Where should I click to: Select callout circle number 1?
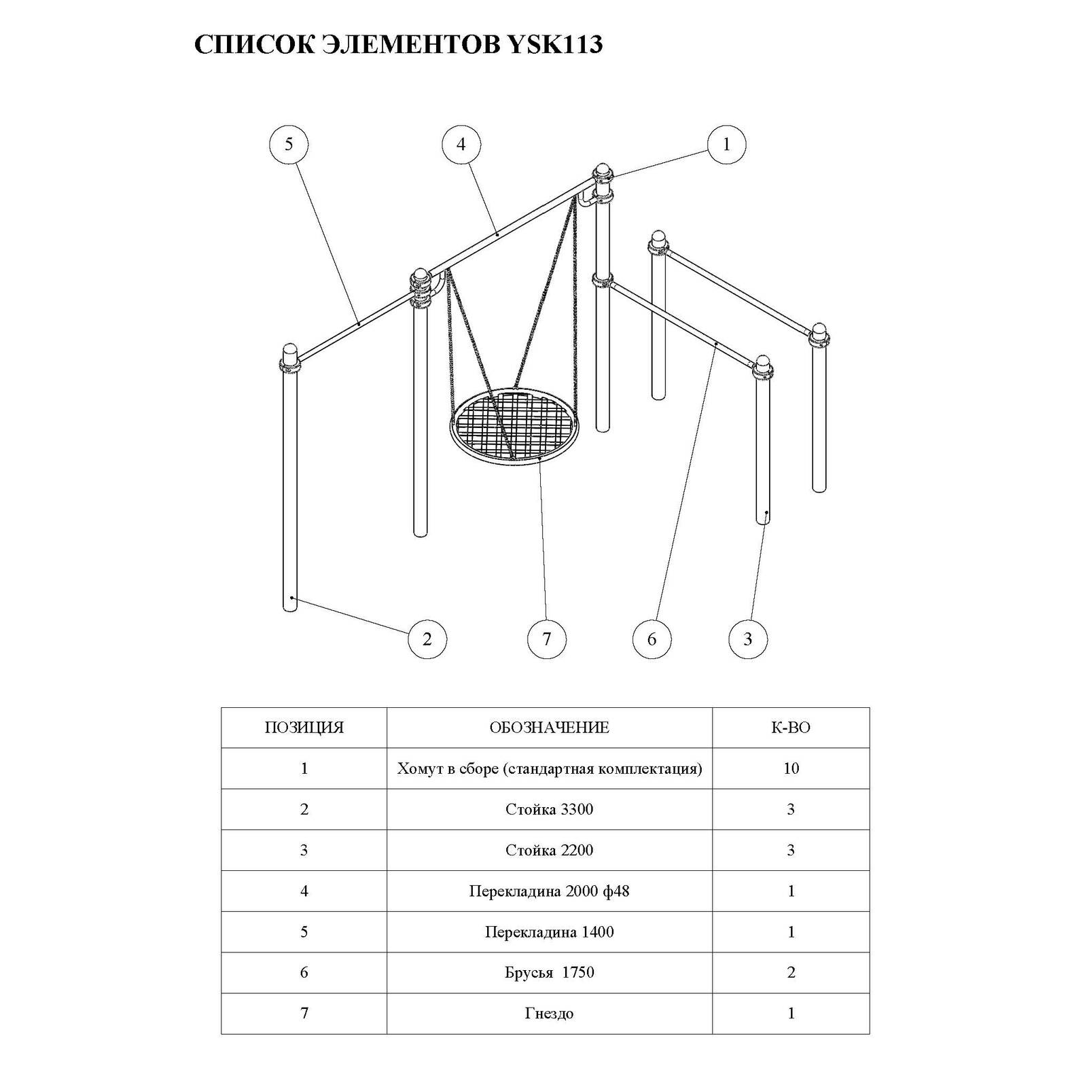coord(726,144)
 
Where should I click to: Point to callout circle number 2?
coord(427,639)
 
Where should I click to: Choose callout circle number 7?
coord(546,639)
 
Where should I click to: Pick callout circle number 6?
coord(652,639)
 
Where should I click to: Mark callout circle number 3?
coord(748,639)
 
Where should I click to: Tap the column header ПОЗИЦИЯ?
coord(304,728)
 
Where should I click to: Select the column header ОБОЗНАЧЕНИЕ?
coord(549,728)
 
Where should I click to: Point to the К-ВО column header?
coord(791,728)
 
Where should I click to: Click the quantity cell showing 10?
coord(791,768)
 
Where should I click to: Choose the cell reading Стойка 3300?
coord(549,809)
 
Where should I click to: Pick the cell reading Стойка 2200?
coord(549,850)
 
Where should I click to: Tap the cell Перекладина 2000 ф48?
coord(549,891)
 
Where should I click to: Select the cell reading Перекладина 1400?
coord(549,931)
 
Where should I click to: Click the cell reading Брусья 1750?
coord(549,972)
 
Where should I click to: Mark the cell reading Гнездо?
coord(549,1013)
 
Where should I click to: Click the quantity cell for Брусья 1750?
coord(791,972)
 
